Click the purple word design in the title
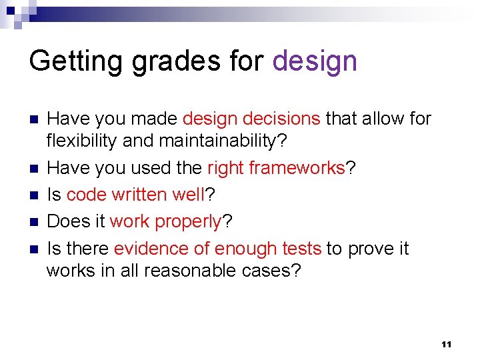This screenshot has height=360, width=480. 315,62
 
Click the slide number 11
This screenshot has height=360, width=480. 446,344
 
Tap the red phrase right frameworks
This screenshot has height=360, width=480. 276,167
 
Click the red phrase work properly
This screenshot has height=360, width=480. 165,221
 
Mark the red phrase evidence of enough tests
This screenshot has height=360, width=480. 217,249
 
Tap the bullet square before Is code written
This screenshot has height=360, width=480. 35,195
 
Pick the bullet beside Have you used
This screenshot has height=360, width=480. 35,169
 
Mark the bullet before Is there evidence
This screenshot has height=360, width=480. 35,249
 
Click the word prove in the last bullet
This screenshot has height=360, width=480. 371,249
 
